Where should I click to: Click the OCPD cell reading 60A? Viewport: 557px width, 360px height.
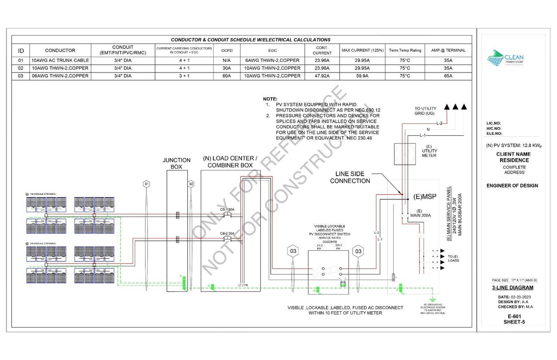[x=227, y=76]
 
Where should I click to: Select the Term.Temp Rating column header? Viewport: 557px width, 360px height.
[x=405, y=50]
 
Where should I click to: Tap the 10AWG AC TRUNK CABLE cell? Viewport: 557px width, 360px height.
[x=60, y=60]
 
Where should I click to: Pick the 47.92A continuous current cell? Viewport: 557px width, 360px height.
[x=322, y=76]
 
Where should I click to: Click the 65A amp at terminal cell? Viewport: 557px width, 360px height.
[x=448, y=76]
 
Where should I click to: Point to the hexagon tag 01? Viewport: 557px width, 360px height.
[x=147, y=184]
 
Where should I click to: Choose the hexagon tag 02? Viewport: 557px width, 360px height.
[x=191, y=184]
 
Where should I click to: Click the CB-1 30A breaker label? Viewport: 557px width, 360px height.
[x=227, y=210]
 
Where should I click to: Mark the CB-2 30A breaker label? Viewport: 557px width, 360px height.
[x=227, y=233]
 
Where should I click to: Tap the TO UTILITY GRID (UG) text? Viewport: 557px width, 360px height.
[x=426, y=111]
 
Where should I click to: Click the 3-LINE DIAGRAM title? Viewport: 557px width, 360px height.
[x=512, y=288]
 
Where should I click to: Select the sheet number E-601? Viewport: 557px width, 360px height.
[x=512, y=316]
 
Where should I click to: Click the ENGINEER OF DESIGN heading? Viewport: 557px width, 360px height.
[x=512, y=186]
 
